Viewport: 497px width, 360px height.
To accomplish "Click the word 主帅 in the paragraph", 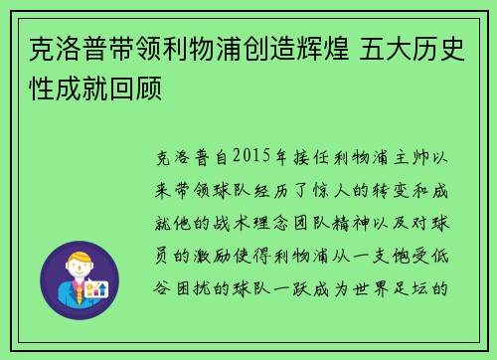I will tap(412, 156).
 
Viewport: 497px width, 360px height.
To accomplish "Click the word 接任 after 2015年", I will tap(310, 156).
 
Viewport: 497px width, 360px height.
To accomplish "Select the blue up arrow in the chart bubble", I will tap(100, 289).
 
